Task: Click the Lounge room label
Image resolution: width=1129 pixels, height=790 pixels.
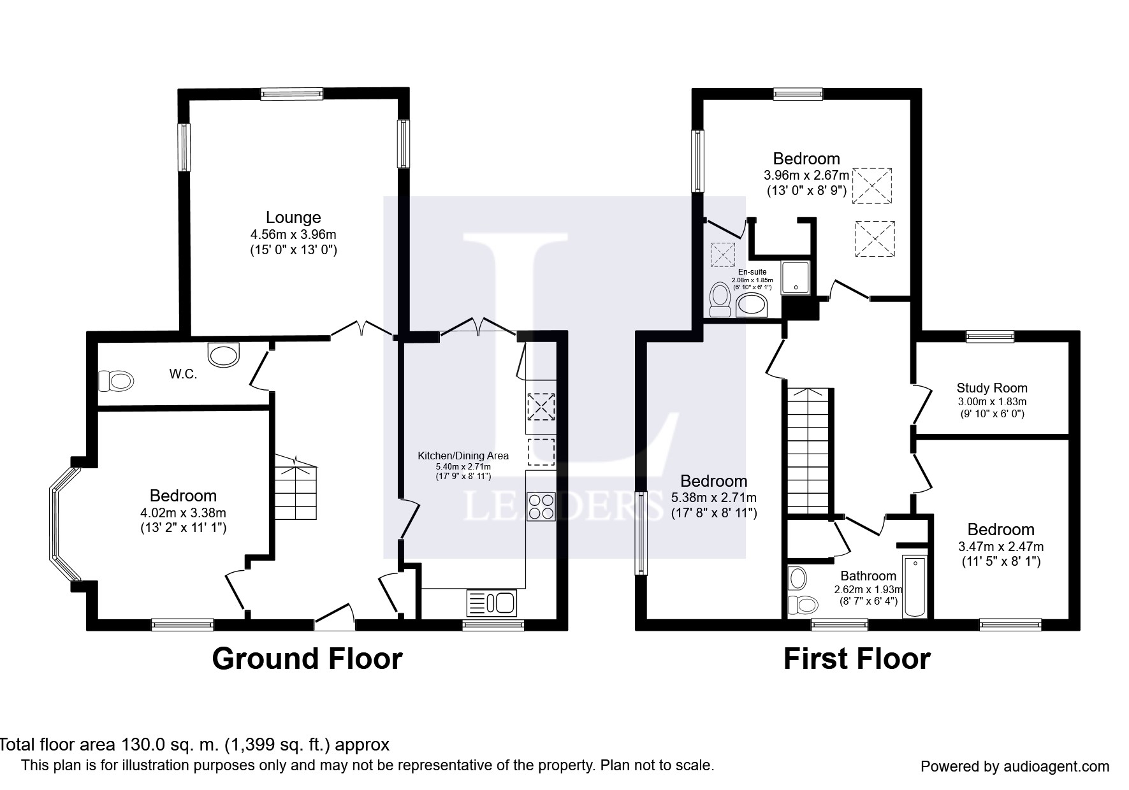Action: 293,217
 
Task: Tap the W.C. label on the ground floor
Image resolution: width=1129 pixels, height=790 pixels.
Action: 183,375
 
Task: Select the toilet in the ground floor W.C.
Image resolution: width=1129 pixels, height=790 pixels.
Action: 116,381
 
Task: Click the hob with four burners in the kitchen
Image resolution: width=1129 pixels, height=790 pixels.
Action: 541,506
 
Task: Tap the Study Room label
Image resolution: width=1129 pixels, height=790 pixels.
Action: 992,388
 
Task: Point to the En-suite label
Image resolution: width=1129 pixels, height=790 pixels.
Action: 752,272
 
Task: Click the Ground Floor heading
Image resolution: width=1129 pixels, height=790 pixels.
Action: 307,659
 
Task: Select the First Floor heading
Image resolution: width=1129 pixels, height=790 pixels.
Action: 857,659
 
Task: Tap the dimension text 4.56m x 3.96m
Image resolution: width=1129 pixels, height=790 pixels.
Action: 293,234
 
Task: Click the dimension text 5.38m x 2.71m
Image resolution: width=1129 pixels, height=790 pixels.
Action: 714,498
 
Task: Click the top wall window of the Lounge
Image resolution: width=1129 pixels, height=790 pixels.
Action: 291,94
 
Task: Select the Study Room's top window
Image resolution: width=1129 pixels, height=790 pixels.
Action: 990,336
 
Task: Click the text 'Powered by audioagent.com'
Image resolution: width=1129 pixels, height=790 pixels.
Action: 1015,766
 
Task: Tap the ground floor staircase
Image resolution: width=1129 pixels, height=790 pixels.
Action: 296,487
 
